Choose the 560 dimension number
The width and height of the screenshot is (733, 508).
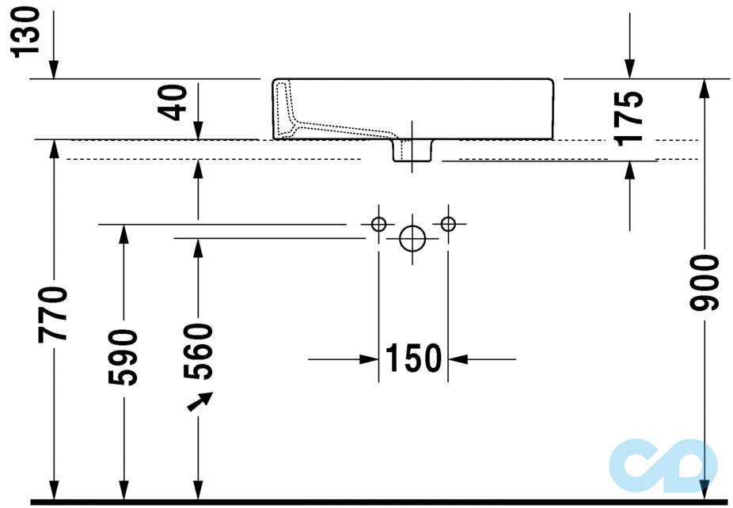199,351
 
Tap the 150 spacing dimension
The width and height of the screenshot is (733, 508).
413,358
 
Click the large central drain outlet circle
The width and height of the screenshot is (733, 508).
412,237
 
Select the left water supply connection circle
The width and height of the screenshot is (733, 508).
378,224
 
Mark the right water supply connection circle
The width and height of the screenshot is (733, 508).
448,224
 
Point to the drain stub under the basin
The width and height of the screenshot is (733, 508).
412,150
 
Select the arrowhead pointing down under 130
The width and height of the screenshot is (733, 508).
54,71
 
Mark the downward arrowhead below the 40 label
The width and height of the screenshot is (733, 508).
198,131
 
